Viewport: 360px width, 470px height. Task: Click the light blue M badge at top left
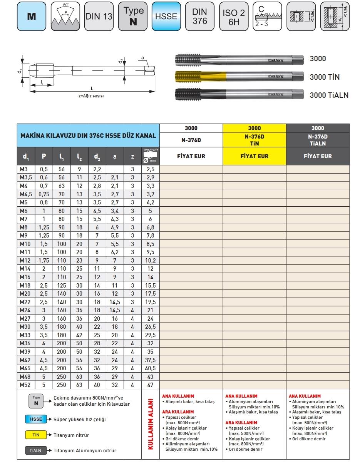31,17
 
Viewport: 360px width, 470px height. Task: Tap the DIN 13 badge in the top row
99,17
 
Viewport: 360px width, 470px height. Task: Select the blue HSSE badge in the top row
166,17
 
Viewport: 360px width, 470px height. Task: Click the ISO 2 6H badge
234,17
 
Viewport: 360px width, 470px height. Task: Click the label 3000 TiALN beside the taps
329,95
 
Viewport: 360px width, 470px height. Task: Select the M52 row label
25,385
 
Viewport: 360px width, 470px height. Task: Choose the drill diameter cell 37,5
150,360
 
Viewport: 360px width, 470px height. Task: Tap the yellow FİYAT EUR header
254,156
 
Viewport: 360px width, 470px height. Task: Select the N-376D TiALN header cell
318,140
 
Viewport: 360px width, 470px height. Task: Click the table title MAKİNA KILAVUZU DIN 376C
88,135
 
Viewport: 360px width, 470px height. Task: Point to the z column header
132,156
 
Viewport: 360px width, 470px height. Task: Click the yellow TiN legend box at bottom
36,435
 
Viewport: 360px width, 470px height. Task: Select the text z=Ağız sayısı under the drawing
91,96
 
